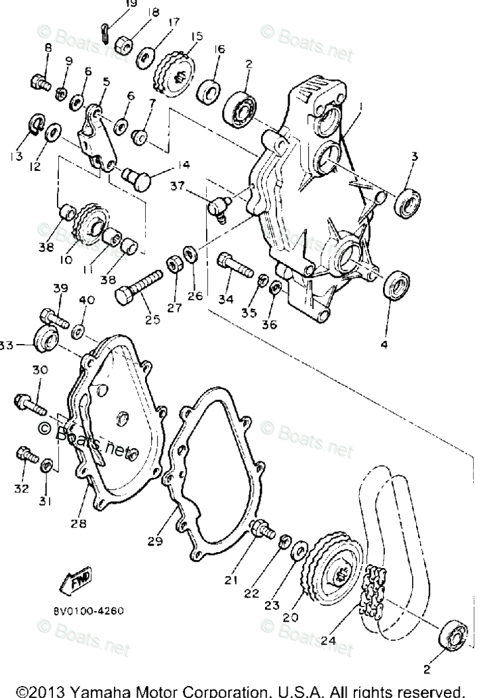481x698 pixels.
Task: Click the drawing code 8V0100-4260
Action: [x=87, y=611]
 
